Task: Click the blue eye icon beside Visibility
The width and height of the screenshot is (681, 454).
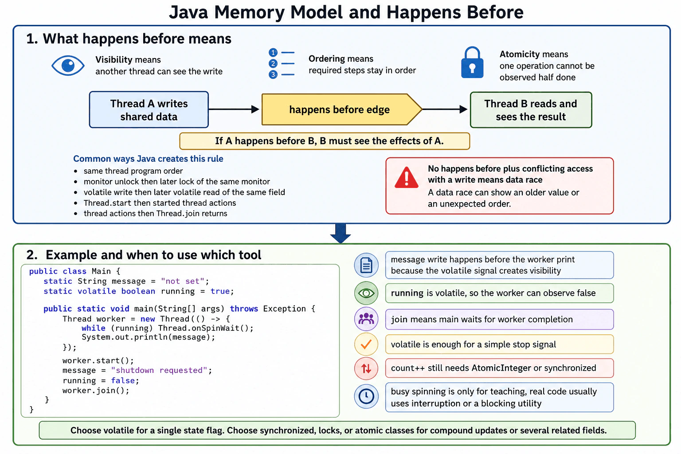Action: pos(68,65)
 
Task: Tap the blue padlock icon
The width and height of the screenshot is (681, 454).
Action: pos(472,63)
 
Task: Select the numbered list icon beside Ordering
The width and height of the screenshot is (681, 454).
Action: pos(282,63)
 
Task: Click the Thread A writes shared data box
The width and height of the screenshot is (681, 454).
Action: pos(149,110)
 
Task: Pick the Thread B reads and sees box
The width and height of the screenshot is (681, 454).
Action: pos(531,110)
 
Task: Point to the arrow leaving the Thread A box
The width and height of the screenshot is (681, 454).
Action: pos(234,109)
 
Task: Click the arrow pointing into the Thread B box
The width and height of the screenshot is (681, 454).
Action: pos(445,109)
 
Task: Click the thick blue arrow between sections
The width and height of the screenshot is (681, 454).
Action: pos(340,233)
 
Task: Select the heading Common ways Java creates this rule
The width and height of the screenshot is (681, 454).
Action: pos(149,159)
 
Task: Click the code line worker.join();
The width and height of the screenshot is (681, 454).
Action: pos(96,391)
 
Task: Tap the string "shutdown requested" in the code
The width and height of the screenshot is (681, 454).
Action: pos(159,370)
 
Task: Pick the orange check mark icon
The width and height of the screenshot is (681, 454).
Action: pos(366,344)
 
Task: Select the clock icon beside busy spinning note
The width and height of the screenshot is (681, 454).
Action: pos(366,396)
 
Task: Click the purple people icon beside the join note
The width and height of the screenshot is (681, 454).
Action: pos(366,319)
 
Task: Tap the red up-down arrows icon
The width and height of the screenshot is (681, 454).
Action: pos(366,368)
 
